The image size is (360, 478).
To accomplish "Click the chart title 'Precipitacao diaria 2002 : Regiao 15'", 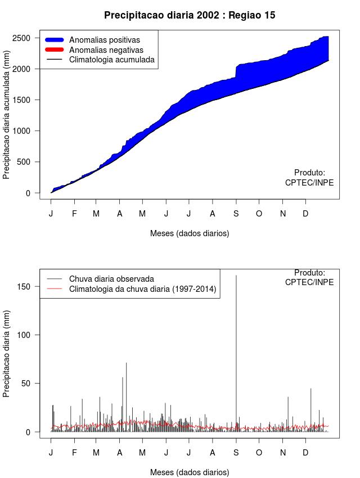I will point(190,15).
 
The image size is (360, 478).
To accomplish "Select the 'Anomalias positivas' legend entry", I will point(104,40).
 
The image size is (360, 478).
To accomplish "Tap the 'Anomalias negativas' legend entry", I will point(106,49).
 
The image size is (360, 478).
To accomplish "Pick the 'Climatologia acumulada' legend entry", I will point(111,59).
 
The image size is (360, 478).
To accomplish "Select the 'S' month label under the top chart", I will point(236,214).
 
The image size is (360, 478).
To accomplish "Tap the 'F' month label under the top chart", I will point(74,214).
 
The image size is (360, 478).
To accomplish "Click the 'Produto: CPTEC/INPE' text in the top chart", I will point(309,178).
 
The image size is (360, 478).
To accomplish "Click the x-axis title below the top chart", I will point(190,233).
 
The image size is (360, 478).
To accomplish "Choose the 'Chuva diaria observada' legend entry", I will point(111,278).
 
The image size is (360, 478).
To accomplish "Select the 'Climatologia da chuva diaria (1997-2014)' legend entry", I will point(142,289).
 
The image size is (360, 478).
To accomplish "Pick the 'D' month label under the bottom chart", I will point(305,453).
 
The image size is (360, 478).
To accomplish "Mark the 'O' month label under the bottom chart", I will point(259,453).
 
